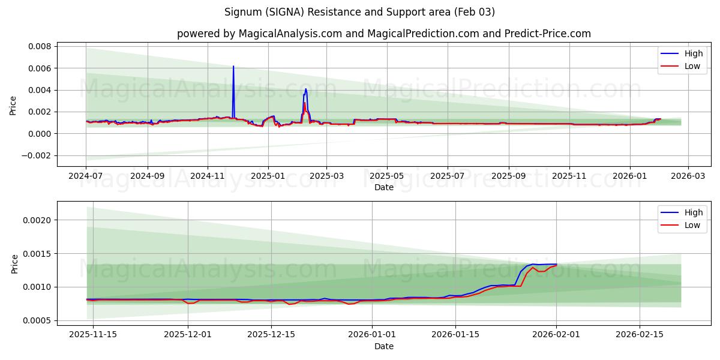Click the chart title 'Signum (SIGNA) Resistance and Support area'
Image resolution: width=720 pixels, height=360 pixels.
(359, 12)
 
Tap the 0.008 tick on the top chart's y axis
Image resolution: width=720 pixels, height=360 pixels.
(40, 46)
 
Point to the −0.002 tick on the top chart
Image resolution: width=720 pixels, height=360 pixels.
(37, 155)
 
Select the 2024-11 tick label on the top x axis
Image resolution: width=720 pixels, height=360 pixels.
(207, 176)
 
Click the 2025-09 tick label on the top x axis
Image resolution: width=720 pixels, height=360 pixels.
(509, 176)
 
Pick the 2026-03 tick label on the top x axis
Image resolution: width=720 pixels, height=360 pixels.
(688, 176)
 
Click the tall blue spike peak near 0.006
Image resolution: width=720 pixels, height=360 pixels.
(233, 67)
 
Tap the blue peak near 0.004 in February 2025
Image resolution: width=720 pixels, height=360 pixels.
(305, 89)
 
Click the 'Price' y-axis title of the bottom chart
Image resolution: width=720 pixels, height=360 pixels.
(15, 264)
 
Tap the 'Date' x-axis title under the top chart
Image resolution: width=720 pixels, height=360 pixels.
(384, 187)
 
